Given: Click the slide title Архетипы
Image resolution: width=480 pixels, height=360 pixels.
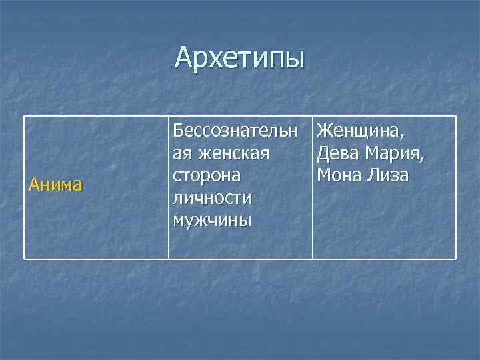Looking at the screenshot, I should (239, 58).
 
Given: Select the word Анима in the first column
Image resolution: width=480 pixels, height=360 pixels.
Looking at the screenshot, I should (55, 185).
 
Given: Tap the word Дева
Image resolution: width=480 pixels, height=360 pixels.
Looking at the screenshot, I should (339, 153).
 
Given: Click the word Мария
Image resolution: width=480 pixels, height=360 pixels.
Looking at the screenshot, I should (396, 153).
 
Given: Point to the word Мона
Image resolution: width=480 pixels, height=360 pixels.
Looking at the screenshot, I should (340, 175).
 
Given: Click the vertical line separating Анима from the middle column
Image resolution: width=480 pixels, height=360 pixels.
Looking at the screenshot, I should (168, 187).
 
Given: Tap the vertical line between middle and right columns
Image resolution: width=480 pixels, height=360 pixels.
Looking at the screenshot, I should (312, 187).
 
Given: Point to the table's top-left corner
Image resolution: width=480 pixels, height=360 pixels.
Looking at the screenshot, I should (25, 117).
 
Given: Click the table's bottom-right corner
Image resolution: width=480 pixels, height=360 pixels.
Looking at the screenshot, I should (456, 258).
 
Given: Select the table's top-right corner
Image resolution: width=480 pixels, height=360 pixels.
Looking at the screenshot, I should (456, 117).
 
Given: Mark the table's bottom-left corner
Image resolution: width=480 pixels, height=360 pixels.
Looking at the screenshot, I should (25, 258).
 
